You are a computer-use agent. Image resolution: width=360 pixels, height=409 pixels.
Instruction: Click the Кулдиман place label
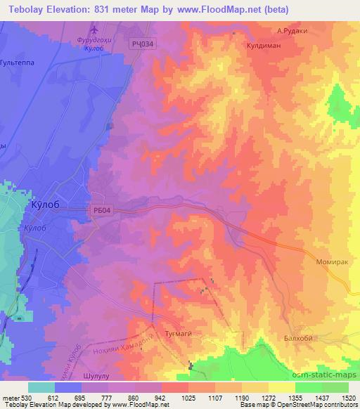coord(263,44)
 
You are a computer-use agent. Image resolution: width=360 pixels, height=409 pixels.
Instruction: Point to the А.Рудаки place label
coord(293,30)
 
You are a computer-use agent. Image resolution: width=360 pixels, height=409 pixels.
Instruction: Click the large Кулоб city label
coord(50,204)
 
